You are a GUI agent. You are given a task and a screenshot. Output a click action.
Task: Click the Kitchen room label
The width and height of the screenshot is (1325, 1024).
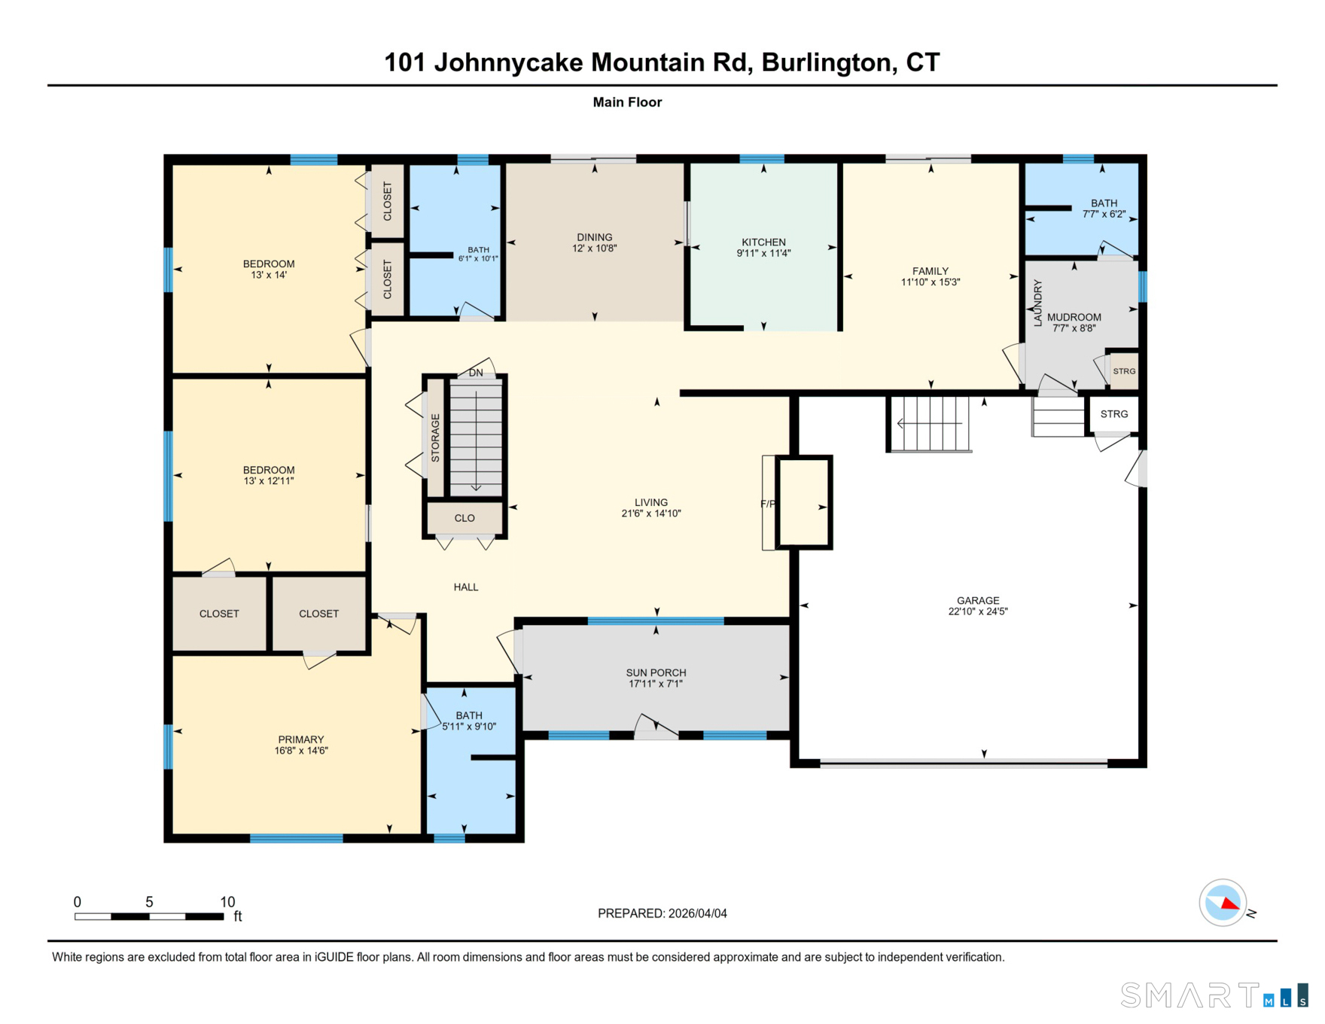pyautogui.click(x=763, y=242)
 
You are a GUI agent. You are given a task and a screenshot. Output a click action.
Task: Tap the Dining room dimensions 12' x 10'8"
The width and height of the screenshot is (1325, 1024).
pyautogui.click(x=594, y=248)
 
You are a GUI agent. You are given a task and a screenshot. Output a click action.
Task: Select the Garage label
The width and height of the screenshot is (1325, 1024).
pyautogui.click(x=978, y=600)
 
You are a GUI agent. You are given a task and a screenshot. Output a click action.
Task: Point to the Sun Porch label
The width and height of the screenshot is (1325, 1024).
pyautogui.click(x=656, y=672)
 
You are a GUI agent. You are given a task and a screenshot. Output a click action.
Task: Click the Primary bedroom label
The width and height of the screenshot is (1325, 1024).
pyautogui.click(x=300, y=739)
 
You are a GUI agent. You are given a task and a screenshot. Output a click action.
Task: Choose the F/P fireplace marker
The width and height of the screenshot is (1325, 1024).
pyautogui.click(x=768, y=504)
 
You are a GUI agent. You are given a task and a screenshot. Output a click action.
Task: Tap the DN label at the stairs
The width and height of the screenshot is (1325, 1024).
pyautogui.click(x=476, y=373)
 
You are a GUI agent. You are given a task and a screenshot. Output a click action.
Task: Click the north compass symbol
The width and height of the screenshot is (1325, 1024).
pyautogui.click(x=1223, y=902)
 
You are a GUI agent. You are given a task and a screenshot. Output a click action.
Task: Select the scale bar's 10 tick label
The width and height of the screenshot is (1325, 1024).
pyautogui.click(x=227, y=902)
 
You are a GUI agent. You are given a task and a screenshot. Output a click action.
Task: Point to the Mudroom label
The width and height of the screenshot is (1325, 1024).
pyautogui.click(x=1074, y=317)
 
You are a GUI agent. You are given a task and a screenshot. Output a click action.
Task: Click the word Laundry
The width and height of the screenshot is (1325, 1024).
pyautogui.click(x=1037, y=303)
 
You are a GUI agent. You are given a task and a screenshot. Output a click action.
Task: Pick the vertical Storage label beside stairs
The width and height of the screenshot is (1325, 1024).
pyautogui.click(x=435, y=437)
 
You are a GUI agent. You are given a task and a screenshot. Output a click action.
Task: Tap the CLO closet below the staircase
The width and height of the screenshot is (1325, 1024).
pyautogui.click(x=465, y=518)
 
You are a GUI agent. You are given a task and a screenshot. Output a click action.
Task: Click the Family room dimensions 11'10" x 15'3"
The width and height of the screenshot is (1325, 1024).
pyautogui.click(x=931, y=282)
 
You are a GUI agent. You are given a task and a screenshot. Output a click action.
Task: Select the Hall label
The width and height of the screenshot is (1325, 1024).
pyautogui.click(x=466, y=587)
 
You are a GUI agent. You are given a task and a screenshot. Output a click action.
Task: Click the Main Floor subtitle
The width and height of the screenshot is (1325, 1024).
pyautogui.click(x=627, y=102)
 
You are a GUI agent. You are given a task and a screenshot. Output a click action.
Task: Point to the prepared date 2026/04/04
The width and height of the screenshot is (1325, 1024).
pyautogui.click(x=697, y=913)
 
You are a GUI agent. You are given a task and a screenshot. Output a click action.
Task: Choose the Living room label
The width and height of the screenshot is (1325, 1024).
pyautogui.click(x=650, y=502)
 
